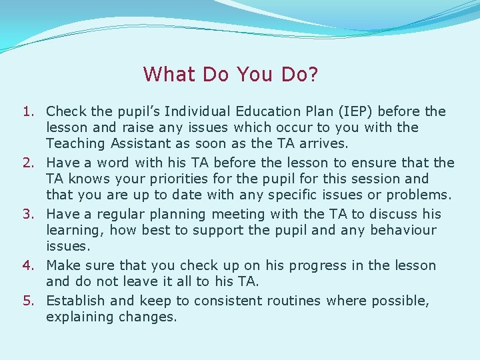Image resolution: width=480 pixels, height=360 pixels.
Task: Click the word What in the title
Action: (x=169, y=74)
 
